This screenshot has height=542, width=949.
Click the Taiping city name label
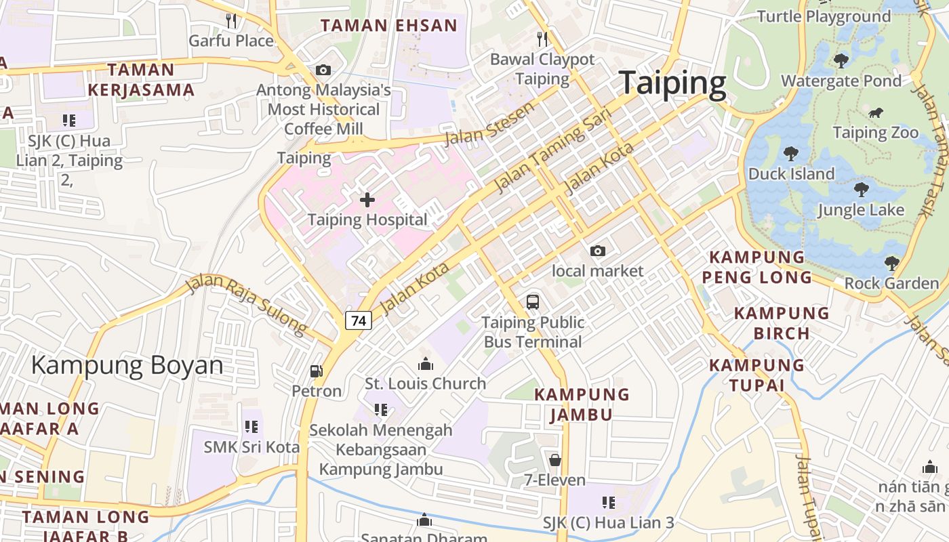[x=672, y=83]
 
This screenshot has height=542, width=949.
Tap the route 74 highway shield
[x=359, y=320]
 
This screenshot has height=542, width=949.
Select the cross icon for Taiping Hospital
[x=367, y=200]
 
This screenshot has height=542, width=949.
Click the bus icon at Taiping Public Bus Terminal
[x=533, y=302]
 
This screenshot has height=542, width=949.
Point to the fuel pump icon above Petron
[x=316, y=371]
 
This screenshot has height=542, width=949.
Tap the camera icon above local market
[x=597, y=251]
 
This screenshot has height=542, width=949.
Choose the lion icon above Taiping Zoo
[x=876, y=112]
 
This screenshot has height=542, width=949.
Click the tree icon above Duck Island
[x=790, y=154]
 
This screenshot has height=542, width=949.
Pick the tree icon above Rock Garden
[x=891, y=263]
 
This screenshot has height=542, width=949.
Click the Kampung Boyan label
[x=127, y=365]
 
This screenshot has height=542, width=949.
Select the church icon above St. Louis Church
[x=426, y=364]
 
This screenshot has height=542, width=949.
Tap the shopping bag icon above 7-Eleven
[x=555, y=461]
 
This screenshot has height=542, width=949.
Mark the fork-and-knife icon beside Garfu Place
[x=231, y=21]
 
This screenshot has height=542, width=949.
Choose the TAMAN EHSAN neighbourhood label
[x=389, y=26]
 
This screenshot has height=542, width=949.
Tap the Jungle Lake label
[x=861, y=209]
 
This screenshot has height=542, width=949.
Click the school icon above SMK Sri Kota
[x=251, y=427]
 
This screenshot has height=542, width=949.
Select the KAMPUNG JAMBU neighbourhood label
[x=582, y=404]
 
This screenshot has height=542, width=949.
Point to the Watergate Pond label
[x=841, y=81]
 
